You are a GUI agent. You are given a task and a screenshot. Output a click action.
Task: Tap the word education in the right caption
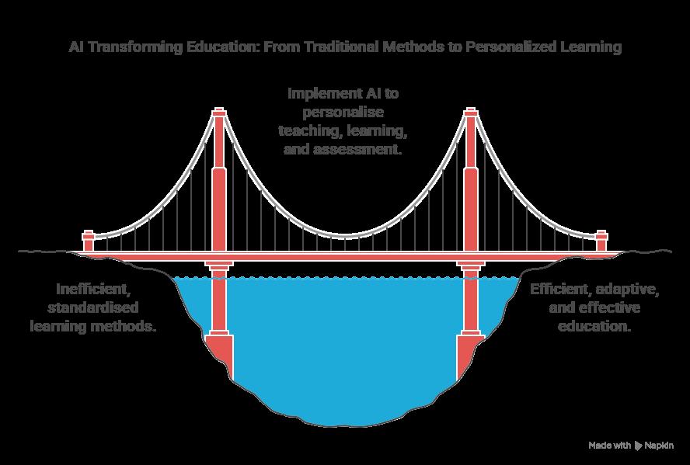[x=594, y=327]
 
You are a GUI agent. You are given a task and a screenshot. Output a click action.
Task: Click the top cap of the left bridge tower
[x=219, y=114]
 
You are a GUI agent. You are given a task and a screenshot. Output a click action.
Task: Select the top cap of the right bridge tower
[x=470, y=114]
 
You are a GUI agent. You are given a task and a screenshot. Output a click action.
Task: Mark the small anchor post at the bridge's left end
[x=89, y=240]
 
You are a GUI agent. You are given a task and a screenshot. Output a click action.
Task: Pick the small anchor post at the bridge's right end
[x=601, y=240]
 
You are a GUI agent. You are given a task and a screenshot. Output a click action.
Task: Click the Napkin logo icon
[x=639, y=446]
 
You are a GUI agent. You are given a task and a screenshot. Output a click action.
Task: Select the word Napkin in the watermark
[x=659, y=446]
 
